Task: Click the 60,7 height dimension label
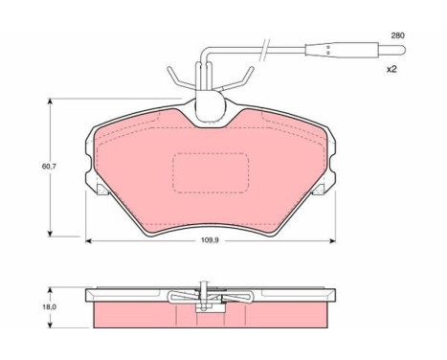coord(49,167)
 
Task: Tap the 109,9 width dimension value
coord(210,240)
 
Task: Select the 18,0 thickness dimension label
coord(49,307)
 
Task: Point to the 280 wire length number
coord(397,35)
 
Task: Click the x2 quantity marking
coord(391,69)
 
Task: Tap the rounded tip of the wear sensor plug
coord(403,51)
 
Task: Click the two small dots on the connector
coord(327,50)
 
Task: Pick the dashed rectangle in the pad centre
coord(211,172)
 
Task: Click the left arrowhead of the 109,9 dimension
coord(89,240)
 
